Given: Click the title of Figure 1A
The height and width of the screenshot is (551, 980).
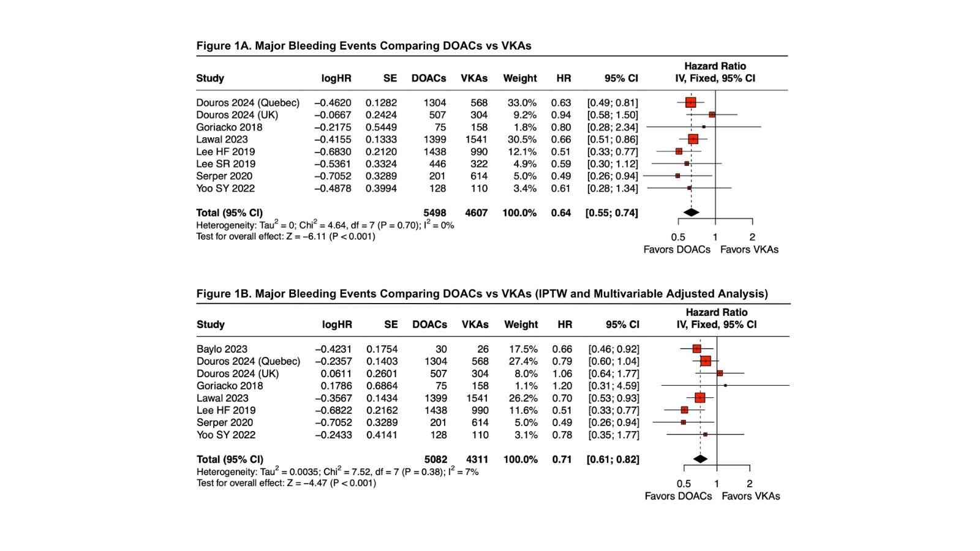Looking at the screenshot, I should (363, 46).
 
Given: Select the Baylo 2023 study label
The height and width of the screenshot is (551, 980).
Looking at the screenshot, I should (222, 349).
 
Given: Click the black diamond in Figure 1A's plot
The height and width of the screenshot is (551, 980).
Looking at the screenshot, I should (691, 212).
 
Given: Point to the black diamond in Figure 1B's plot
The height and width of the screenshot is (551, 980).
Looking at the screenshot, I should (700, 459).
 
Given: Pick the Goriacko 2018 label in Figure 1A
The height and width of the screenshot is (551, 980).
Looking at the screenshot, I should (229, 127).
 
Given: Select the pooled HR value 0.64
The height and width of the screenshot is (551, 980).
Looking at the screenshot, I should (560, 213).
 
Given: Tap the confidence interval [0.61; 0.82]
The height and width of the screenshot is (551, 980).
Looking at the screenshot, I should (613, 459).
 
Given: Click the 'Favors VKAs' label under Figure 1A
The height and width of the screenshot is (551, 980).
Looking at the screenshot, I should (749, 249).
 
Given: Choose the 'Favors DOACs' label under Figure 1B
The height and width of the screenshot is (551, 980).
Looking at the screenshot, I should (678, 496).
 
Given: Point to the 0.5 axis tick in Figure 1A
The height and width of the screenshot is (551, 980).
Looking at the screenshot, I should (678, 237).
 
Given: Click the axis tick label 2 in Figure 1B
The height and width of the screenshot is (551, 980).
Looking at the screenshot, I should (749, 484).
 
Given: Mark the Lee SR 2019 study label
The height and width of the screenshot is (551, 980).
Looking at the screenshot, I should (225, 164).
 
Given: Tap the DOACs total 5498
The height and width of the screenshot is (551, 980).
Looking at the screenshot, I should (434, 213).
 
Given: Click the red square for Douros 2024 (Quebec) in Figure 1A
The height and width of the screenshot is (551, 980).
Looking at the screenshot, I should (691, 102).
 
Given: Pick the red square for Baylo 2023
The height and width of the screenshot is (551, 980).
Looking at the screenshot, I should (696, 349).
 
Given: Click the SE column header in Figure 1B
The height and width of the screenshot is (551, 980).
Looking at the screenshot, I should (391, 324).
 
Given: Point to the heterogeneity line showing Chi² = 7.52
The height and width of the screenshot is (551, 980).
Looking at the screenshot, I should (337, 471).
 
